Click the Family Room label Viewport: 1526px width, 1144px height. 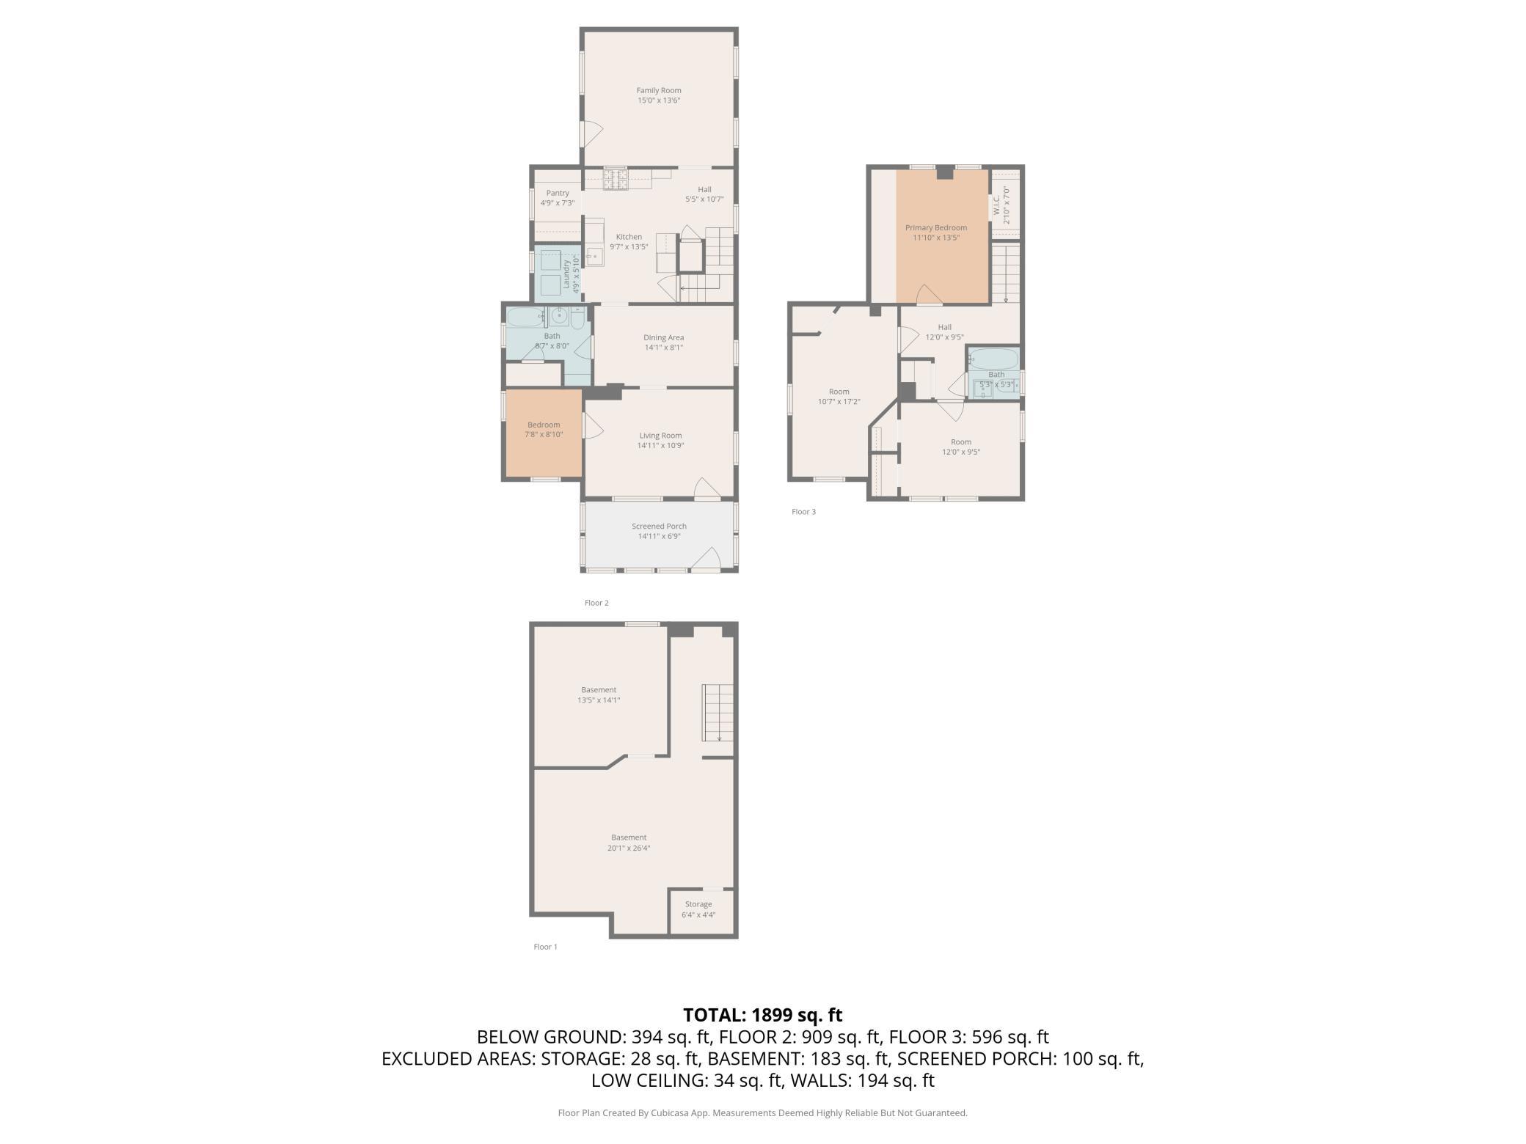(659, 90)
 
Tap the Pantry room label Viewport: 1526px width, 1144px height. (558, 193)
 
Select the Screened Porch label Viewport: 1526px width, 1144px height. (659, 526)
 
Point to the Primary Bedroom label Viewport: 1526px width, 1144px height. (936, 227)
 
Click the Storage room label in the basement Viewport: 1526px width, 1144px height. (698, 904)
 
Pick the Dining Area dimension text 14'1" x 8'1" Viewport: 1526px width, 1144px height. (664, 348)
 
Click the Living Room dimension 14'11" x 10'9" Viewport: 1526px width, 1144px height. (661, 445)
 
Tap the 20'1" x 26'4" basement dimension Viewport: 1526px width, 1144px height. (629, 848)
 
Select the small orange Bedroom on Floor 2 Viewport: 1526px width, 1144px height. (544, 434)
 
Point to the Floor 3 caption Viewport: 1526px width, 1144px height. (803, 512)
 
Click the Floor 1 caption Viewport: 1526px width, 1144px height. (545, 947)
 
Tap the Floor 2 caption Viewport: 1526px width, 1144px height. (596, 603)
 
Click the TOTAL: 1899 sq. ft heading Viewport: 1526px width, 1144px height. (763, 1015)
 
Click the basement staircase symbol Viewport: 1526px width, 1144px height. (718, 712)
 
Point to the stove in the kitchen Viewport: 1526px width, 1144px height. (616, 179)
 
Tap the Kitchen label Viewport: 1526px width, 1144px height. (629, 237)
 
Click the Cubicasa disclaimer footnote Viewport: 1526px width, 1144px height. (763, 1112)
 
